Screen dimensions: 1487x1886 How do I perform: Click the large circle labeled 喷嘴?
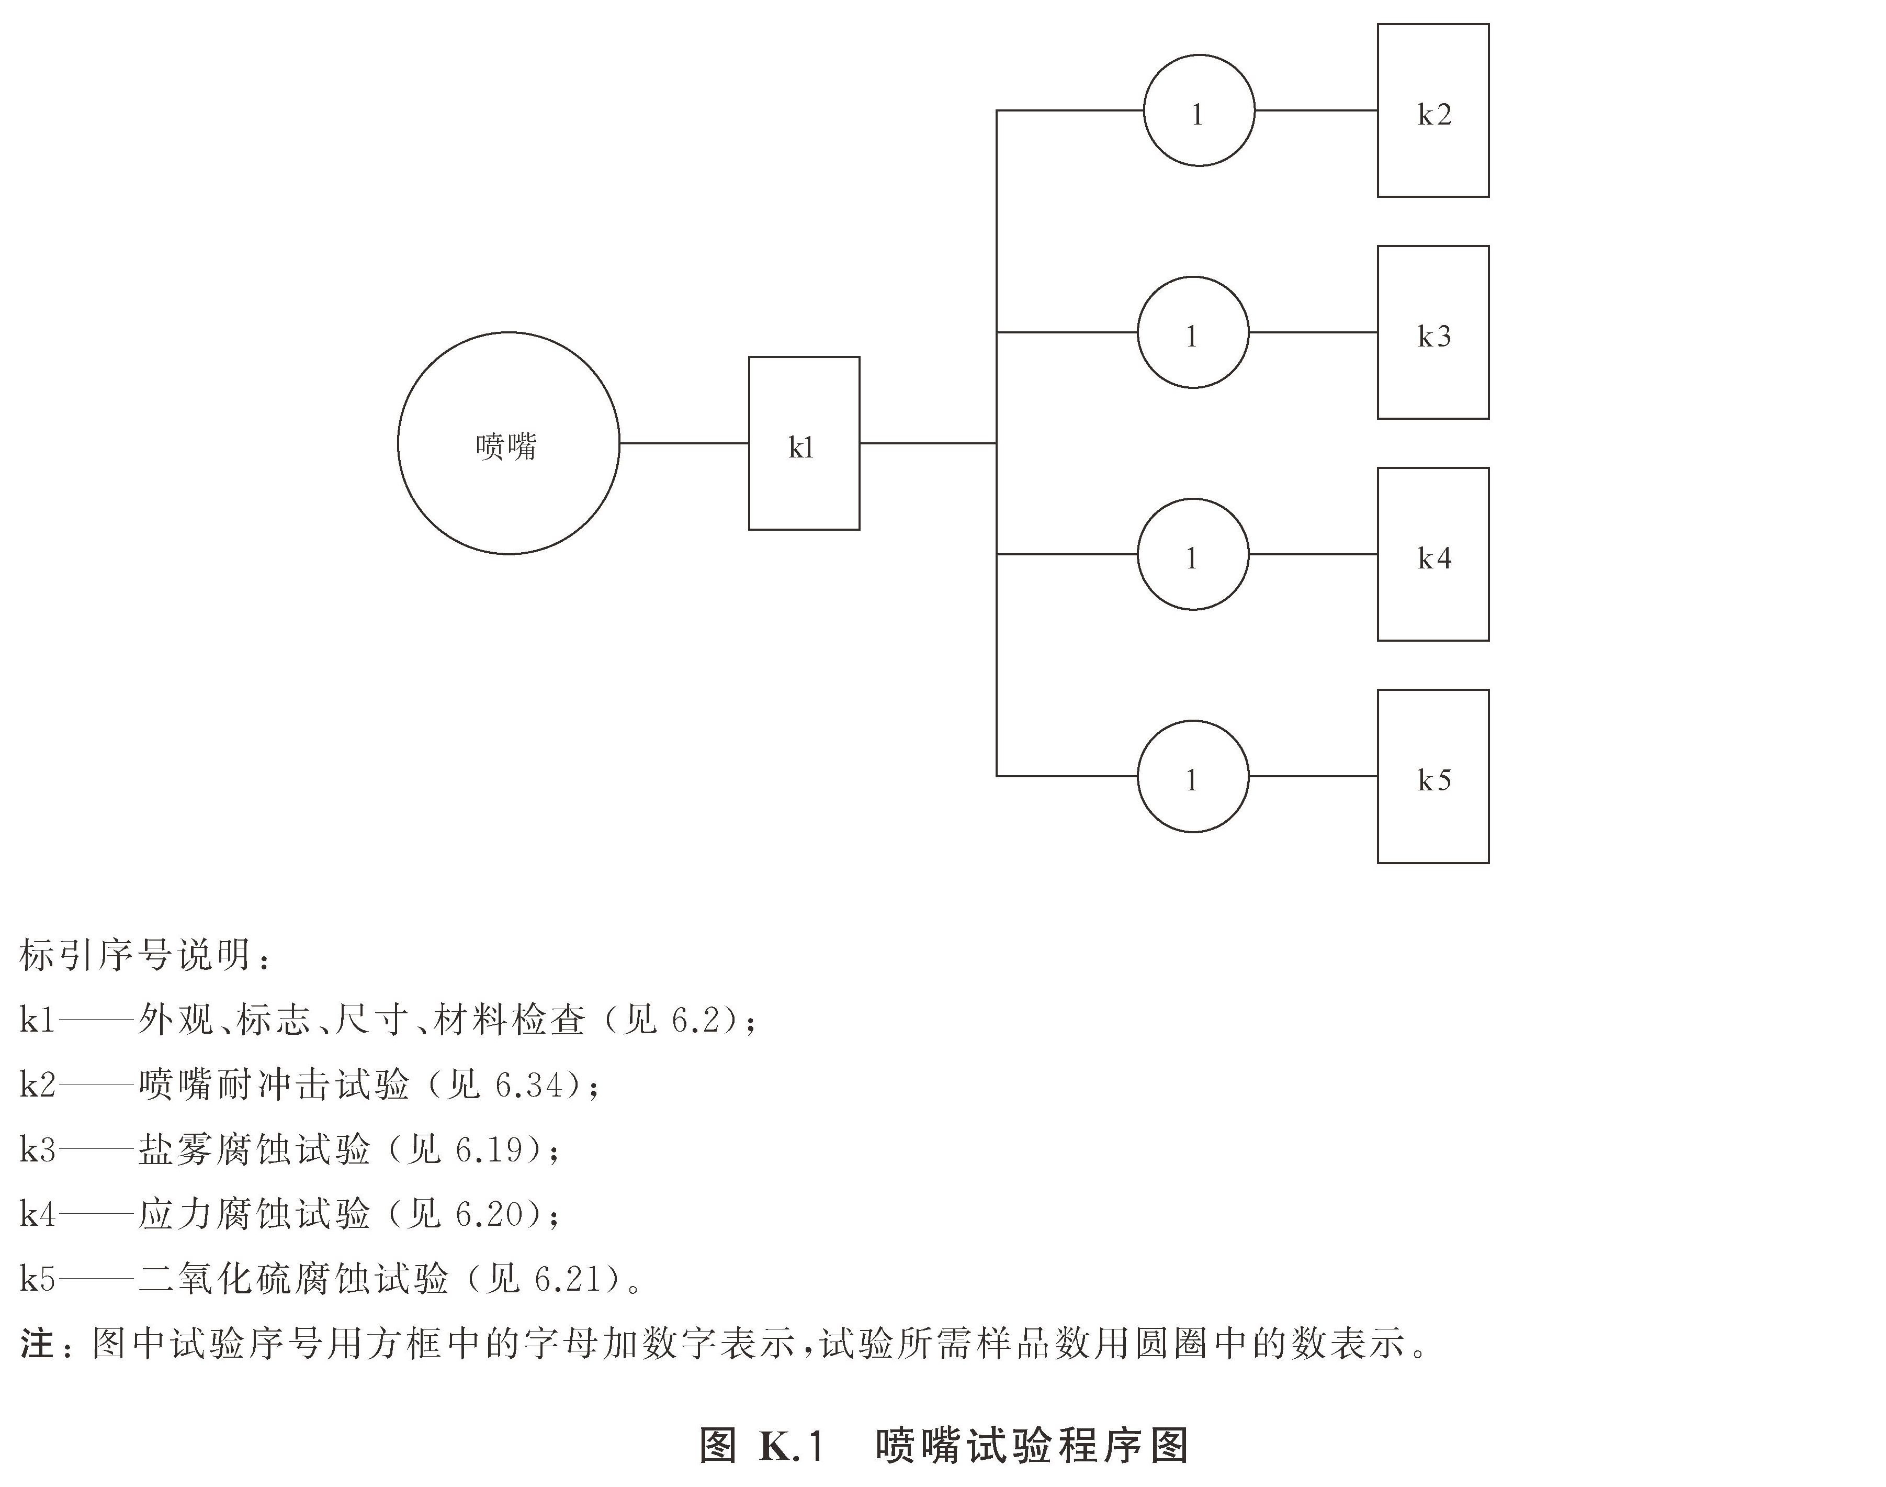click(509, 443)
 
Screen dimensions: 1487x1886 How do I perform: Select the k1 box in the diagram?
click(804, 443)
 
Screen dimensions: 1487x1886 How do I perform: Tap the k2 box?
click(1432, 110)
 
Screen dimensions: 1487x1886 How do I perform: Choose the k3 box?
click(1432, 332)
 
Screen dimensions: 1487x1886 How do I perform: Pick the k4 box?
click(1432, 555)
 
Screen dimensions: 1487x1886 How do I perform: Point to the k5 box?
click(1432, 777)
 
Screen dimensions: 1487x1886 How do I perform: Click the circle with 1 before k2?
click(1199, 110)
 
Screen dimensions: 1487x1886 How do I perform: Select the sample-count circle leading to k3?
click(1192, 332)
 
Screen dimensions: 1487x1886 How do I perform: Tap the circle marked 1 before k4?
click(1192, 555)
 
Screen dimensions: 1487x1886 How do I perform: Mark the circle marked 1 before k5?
click(1192, 777)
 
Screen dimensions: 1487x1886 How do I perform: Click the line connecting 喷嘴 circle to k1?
click(684, 443)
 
